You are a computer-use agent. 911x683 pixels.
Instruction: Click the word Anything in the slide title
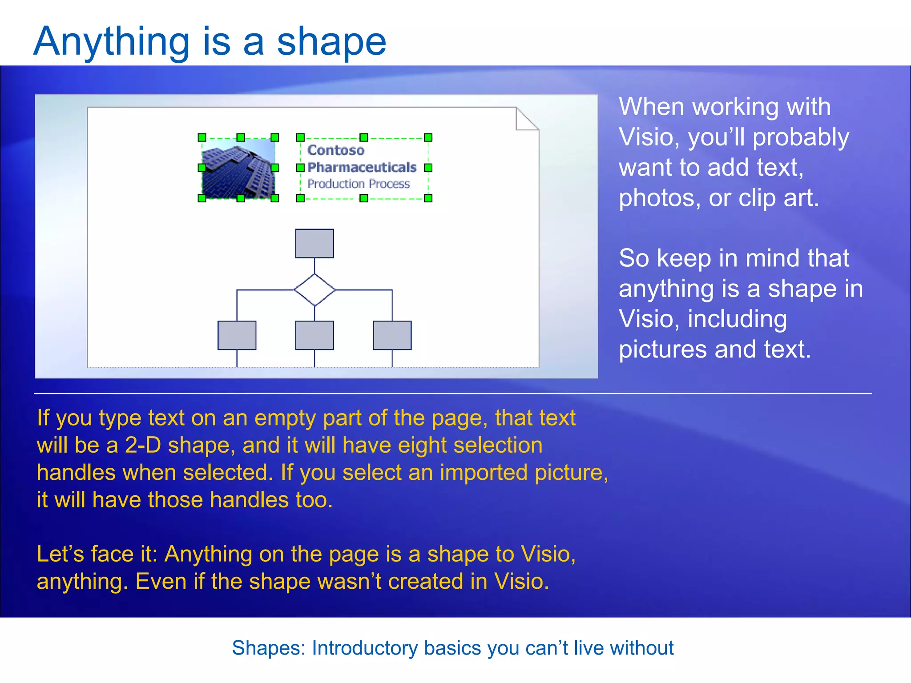point(111,43)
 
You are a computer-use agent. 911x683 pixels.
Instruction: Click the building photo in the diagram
point(238,168)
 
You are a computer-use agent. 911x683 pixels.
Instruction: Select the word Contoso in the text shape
point(336,150)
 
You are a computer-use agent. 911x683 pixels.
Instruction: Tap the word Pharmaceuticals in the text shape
point(362,167)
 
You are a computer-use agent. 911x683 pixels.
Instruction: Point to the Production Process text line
point(358,184)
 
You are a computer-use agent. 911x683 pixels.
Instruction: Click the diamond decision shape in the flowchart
point(314,290)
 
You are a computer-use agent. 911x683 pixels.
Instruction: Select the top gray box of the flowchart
point(314,244)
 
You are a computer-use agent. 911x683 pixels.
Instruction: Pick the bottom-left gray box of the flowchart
point(237,335)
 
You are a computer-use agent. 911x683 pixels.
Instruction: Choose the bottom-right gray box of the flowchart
point(392,335)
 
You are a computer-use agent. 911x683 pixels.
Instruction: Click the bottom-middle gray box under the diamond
point(314,335)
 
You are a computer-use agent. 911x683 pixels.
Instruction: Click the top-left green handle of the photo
point(202,137)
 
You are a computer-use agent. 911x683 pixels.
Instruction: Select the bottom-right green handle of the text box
point(428,198)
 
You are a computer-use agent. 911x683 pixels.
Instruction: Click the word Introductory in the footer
point(364,648)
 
